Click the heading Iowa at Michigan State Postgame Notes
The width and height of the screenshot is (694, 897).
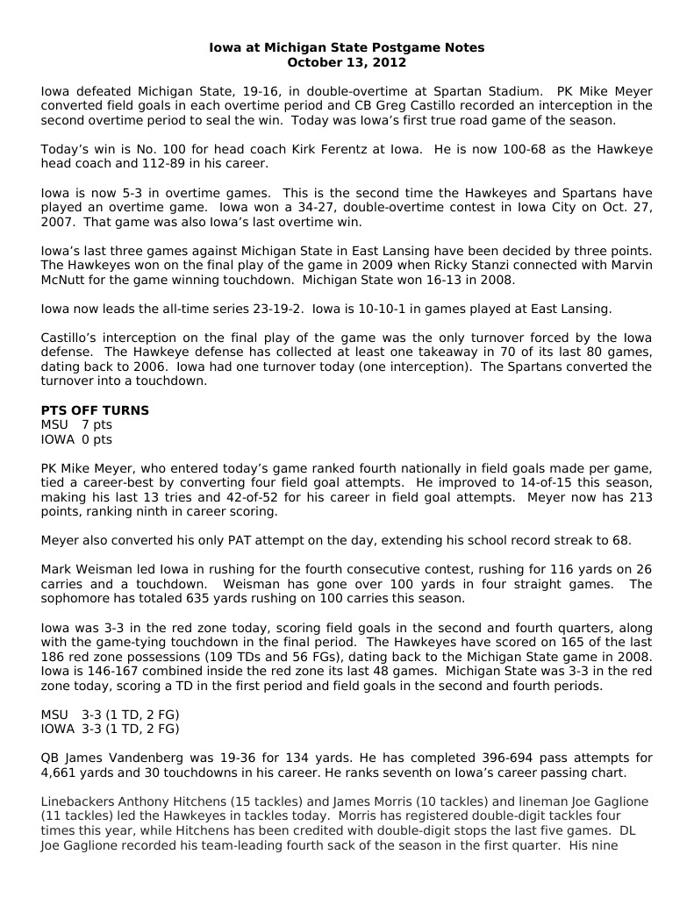[347, 47]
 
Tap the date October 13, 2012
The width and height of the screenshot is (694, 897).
[347, 62]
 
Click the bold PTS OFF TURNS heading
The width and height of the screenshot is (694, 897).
[95, 410]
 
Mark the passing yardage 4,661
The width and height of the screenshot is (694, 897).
[61, 772]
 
